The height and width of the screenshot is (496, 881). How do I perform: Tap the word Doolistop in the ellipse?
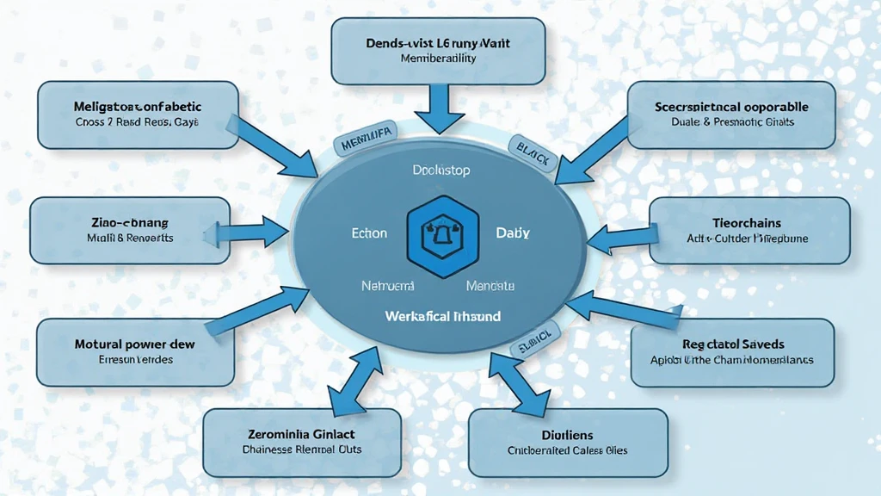coord(440,170)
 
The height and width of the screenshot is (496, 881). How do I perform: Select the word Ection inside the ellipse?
coord(370,233)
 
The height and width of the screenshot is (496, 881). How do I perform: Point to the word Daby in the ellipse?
coord(513,233)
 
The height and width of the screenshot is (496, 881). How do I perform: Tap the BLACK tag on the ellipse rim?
coord(533,149)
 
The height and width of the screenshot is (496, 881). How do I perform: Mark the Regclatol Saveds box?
coord(732,351)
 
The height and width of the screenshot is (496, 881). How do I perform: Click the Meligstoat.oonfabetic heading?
coord(138,107)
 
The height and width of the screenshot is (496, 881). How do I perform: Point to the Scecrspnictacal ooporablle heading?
coord(731,107)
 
